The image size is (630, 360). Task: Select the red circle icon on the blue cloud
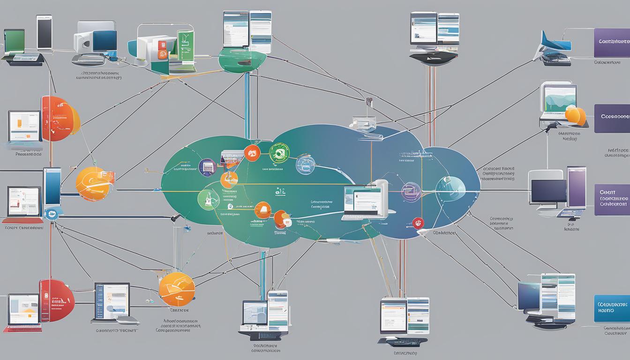(419, 223)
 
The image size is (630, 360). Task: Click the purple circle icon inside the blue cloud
(410, 191)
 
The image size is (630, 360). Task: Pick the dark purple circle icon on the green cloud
(207, 167)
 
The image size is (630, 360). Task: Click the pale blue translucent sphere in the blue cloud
(450, 187)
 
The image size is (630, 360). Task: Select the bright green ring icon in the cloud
(279, 153)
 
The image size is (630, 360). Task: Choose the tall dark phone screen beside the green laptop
(45, 32)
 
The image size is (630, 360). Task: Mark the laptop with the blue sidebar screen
(112, 301)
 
